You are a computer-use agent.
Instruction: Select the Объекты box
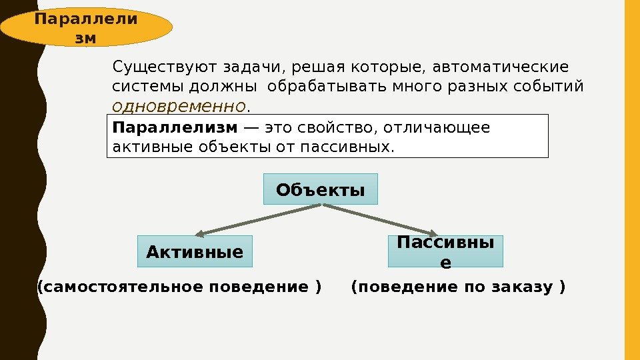tap(321, 189)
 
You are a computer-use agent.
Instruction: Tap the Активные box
tap(195, 251)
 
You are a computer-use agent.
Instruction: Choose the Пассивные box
tap(445, 251)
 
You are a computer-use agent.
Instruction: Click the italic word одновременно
tap(179, 106)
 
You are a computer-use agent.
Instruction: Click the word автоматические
tap(501, 68)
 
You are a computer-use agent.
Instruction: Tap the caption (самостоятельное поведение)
tap(179, 287)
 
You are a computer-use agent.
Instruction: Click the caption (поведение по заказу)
tap(457, 287)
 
